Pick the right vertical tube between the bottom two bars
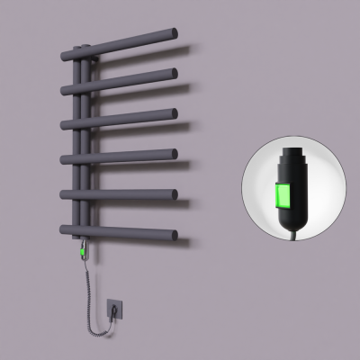(86, 214)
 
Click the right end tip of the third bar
(174, 114)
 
